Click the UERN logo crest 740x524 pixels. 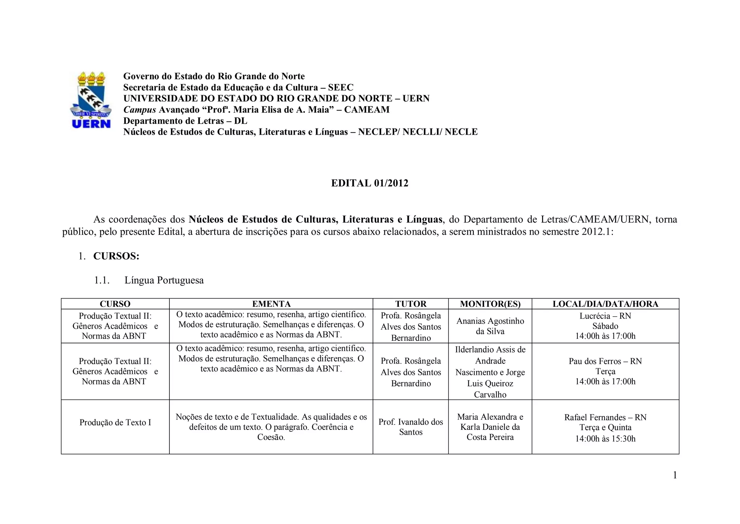pos(90,100)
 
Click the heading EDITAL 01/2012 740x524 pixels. pos(370,183)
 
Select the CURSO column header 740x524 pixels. pos(115,304)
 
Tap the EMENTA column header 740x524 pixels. pos(271,304)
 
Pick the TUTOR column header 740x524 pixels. pos(410,304)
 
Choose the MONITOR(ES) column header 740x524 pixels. pos(490,304)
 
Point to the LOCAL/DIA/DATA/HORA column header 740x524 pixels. pos(605,304)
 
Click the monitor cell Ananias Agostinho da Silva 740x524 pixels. pos(490,326)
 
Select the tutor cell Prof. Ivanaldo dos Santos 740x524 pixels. pos(410,427)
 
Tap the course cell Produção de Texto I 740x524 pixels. pos(115,422)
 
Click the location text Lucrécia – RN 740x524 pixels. pos(605,316)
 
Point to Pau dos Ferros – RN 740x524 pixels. pos(605,361)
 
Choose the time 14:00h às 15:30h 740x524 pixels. pos(605,439)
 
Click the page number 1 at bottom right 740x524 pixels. pos(675,475)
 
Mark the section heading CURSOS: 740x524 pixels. pos(116,256)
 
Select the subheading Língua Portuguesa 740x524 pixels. pos(164,280)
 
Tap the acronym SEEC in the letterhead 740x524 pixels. pos(340,88)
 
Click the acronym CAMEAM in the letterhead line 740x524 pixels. pos(367,110)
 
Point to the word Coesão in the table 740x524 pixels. pos(271,437)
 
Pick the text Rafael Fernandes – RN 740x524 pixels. pos(605,417)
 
